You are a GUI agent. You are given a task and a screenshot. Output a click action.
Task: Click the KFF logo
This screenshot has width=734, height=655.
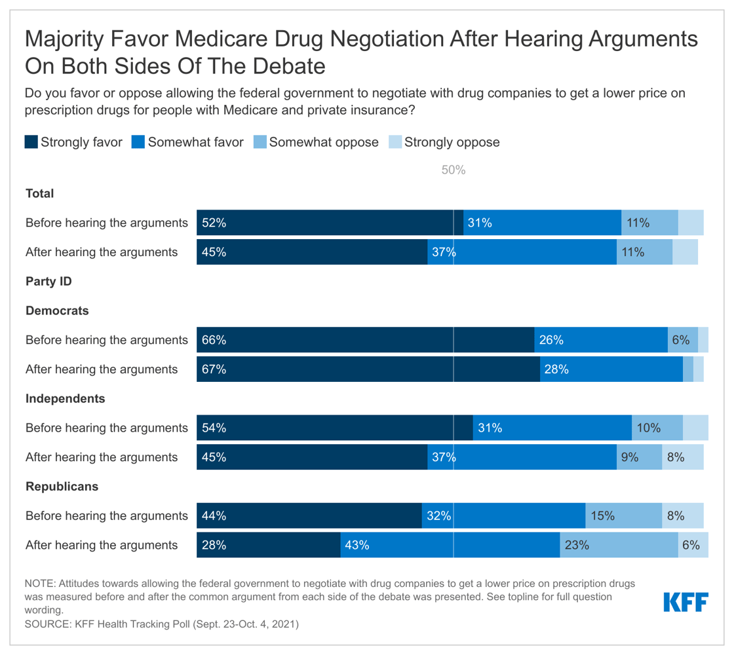tap(686, 601)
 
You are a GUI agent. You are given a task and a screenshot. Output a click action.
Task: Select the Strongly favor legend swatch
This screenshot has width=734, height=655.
tap(31, 142)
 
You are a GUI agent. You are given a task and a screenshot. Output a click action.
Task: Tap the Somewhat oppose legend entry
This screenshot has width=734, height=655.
tap(315, 142)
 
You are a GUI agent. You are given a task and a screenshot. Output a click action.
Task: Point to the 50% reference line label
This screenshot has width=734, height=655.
tap(453, 170)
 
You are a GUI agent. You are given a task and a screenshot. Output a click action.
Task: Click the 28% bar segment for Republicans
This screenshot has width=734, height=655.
tap(269, 545)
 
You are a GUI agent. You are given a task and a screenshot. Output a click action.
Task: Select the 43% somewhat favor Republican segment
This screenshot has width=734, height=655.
tap(450, 545)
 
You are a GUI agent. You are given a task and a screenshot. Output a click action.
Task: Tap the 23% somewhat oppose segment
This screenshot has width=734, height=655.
tap(619, 545)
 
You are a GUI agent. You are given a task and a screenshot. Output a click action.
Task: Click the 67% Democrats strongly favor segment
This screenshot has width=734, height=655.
tap(368, 369)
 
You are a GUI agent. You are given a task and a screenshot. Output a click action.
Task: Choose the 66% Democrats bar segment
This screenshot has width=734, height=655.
tap(365, 340)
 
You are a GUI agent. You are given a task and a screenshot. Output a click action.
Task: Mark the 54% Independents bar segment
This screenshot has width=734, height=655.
tap(335, 428)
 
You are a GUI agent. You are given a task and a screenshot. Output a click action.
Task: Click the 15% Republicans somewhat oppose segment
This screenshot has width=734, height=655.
tap(623, 515)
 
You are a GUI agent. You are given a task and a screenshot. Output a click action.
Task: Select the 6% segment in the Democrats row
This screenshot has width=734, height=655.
tap(682, 340)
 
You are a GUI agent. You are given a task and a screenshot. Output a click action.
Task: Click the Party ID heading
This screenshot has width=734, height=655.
tap(48, 282)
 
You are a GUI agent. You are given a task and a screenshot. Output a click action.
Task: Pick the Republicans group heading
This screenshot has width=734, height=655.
tap(62, 487)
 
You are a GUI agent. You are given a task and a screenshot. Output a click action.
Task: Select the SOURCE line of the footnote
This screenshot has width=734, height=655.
tap(161, 624)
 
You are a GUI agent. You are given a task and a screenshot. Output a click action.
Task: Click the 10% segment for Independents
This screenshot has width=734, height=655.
tap(657, 428)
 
